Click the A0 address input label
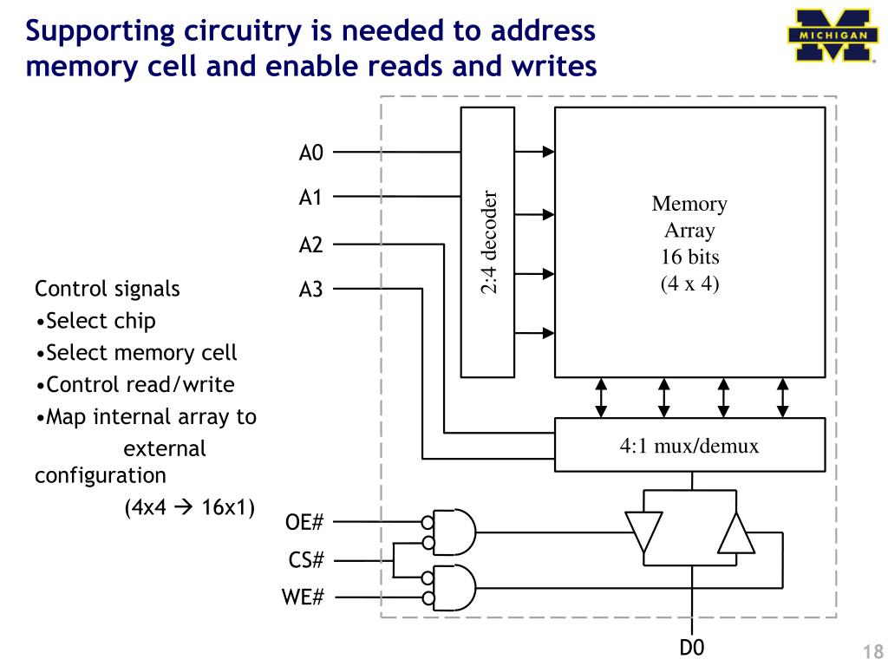310,153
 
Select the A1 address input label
310,198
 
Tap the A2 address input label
310,245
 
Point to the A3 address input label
310,290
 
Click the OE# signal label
304,523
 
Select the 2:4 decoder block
487,242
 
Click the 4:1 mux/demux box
689,446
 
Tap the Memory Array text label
689,217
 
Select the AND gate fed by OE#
455,532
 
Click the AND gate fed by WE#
455,588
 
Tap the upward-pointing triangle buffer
735,533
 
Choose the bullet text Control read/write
140,384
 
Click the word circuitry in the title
245,31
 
